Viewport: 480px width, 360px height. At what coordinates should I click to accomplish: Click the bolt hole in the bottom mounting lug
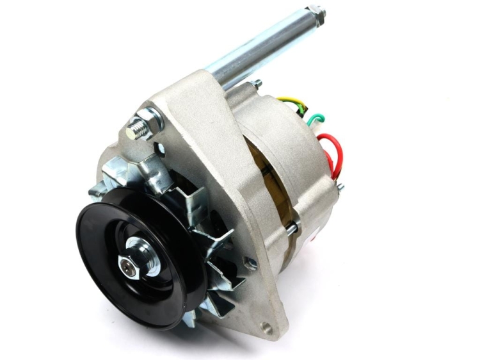coord(266,329)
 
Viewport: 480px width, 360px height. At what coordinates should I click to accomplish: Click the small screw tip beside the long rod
coord(257,83)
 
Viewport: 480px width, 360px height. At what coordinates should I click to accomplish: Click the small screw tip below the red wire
coord(340,187)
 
